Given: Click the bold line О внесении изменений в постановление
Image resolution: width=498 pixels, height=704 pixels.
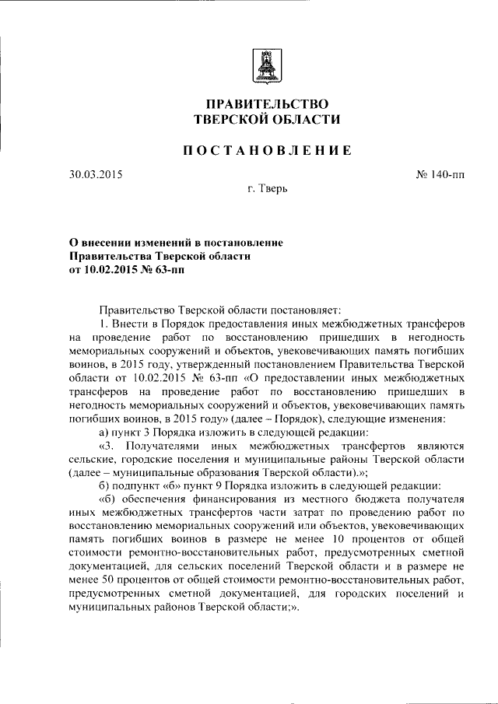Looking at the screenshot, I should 176,243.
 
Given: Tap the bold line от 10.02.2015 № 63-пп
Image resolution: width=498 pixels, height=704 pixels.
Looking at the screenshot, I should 128,271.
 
